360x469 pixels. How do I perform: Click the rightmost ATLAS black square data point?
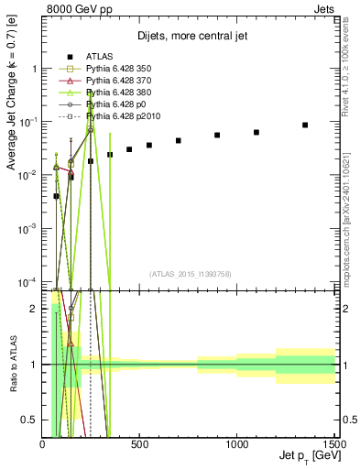pos(305,125)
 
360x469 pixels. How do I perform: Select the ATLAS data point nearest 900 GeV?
pos(217,135)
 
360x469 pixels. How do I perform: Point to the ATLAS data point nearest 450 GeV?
pos(129,149)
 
